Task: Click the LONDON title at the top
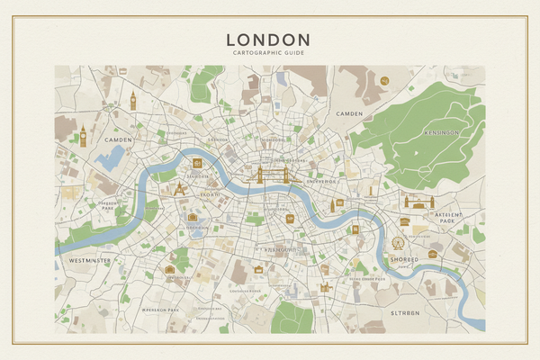pos(268,40)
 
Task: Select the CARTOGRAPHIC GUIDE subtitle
pos(268,54)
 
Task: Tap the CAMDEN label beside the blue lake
pos(118,140)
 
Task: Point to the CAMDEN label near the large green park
pos(348,114)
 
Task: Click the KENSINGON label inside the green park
pos(441,133)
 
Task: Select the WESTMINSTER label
pos(89,260)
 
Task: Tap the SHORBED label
pos(403,260)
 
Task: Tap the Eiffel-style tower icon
pos(179,188)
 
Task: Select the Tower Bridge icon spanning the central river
pos(273,175)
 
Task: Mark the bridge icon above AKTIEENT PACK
pos(418,201)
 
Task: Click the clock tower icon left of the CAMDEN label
pos(83,135)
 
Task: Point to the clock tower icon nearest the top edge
pos(132,100)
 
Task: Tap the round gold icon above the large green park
pos(384,81)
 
